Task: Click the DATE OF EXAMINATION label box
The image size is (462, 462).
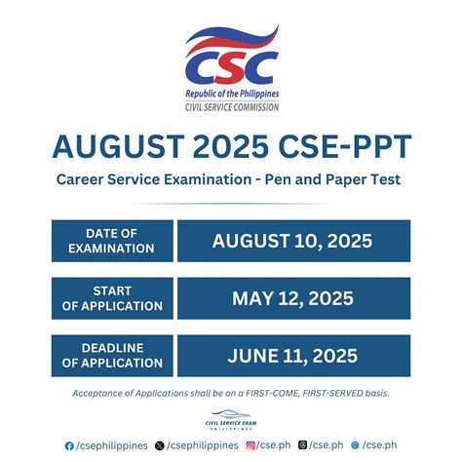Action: coord(111,241)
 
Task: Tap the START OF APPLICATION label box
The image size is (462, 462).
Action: coord(111,298)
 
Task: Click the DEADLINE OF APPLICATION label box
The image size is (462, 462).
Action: coord(111,356)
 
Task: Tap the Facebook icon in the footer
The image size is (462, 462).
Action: coord(69,445)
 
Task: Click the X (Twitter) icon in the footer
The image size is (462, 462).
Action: coord(160,445)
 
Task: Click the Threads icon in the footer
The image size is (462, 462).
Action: coord(303,445)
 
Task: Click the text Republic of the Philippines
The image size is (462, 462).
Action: coord(231,93)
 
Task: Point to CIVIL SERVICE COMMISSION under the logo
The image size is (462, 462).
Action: coord(231,106)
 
